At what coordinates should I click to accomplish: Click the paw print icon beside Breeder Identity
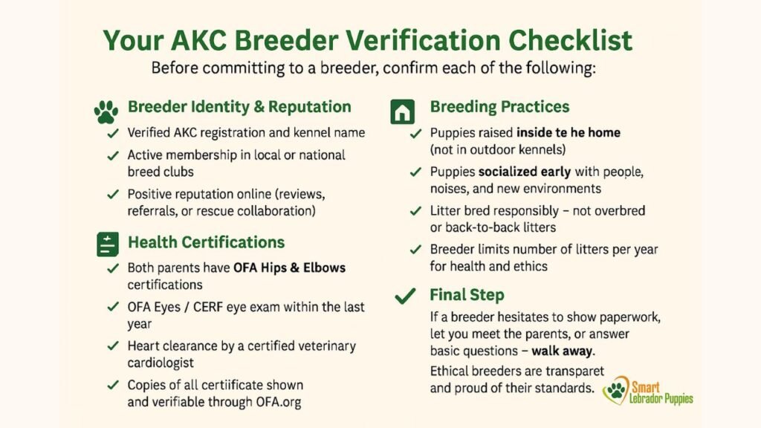coord(106,112)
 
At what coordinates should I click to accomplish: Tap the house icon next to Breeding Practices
coord(402,112)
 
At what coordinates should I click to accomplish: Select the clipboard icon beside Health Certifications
coord(106,244)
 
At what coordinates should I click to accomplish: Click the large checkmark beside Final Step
coord(405,296)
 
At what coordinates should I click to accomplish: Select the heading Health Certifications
coord(206,242)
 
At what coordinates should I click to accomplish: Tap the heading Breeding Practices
coord(499,107)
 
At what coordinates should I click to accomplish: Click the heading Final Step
coord(467,295)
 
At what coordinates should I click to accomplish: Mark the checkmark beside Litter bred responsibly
coord(416,212)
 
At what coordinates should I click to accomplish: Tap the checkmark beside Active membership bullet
coord(114,156)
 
